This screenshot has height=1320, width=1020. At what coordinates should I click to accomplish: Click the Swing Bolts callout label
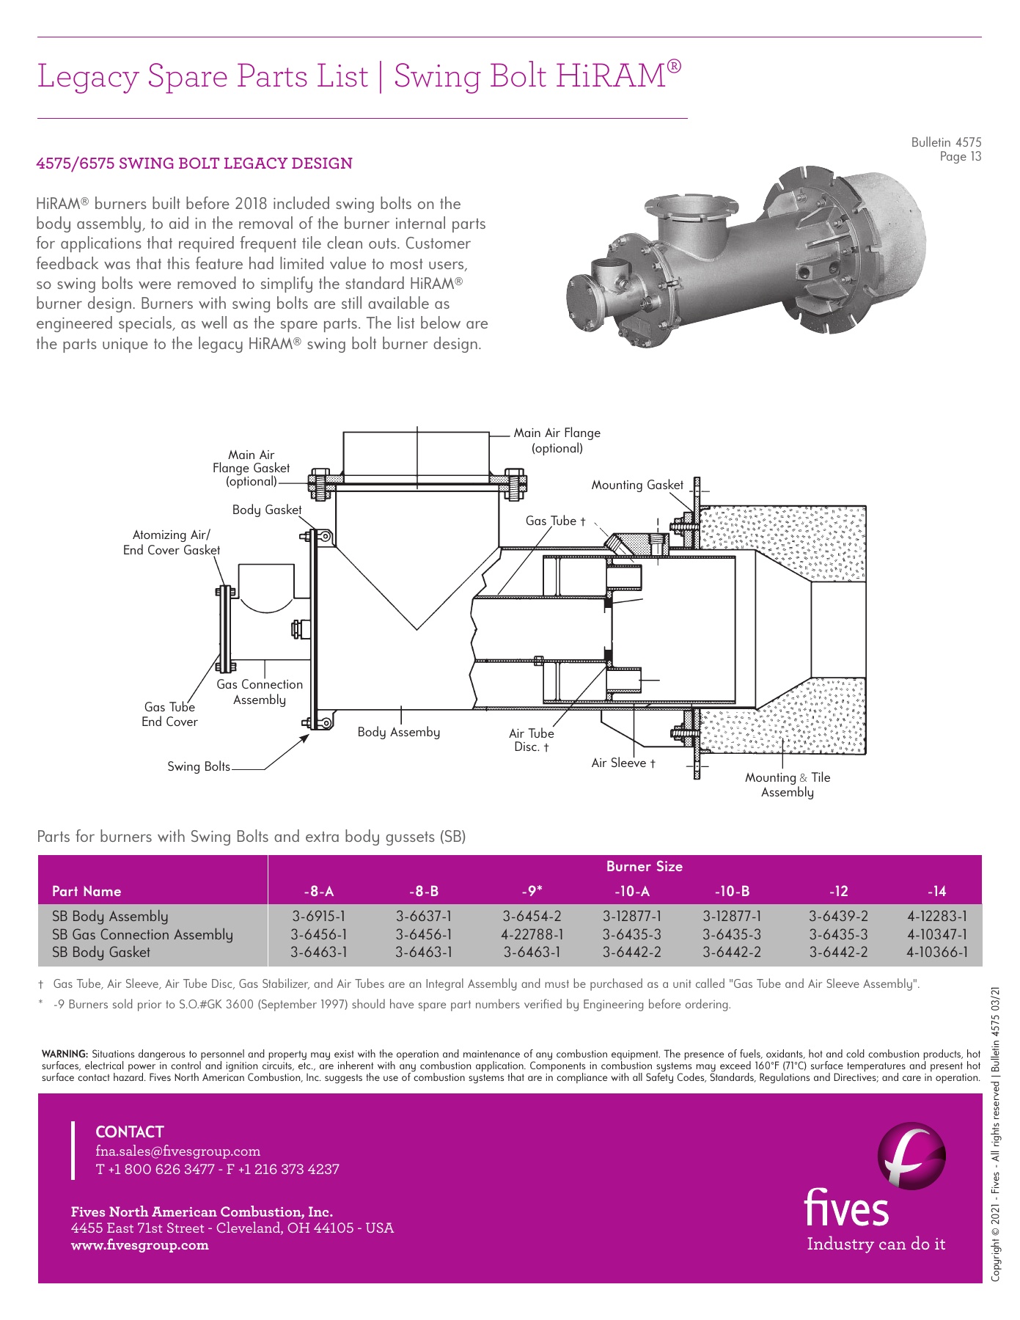[x=198, y=766]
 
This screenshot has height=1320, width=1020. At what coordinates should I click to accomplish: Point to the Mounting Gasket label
[x=636, y=485]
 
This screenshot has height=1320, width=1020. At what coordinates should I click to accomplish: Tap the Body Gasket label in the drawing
[x=266, y=510]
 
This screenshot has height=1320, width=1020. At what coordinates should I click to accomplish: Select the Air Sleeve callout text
[x=623, y=763]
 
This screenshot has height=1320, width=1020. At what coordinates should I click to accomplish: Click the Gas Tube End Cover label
[x=169, y=714]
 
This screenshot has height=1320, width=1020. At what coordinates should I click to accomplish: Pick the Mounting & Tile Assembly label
[x=788, y=785]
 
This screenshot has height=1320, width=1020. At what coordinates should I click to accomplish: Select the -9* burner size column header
[x=532, y=891]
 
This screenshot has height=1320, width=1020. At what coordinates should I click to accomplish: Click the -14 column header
[x=936, y=891]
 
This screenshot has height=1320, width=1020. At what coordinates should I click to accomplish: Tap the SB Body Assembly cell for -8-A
[x=318, y=916]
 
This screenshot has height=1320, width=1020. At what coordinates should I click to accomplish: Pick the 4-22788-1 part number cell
[x=532, y=934]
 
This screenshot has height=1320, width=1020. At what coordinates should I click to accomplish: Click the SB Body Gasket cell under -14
[x=936, y=953]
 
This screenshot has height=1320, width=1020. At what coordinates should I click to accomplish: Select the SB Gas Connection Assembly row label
[x=142, y=934]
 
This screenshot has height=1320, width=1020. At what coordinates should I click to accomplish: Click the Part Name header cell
[x=87, y=891]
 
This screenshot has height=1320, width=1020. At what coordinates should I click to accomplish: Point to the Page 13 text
[x=960, y=156]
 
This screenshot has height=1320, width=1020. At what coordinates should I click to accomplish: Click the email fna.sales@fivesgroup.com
[x=177, y=1151]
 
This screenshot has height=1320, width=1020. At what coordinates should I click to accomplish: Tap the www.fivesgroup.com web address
[x=139, y=1244]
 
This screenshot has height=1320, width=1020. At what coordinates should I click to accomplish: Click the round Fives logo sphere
[x=911, y=1156]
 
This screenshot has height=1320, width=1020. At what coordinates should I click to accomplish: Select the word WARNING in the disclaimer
[x=65, y=1054]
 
